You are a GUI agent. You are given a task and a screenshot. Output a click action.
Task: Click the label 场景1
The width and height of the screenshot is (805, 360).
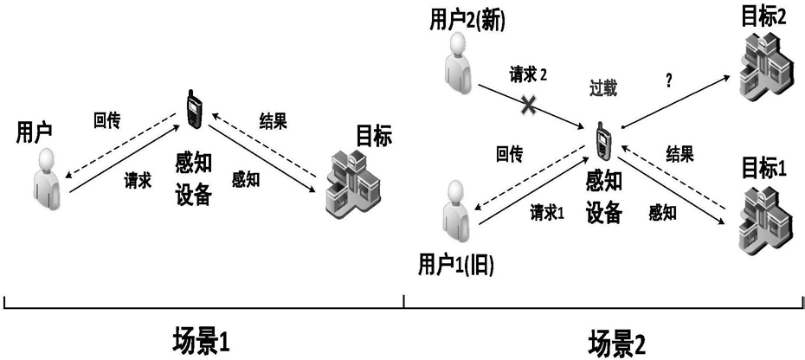(x=201, y=343)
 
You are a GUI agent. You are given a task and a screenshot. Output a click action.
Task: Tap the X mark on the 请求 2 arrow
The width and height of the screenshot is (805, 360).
(x=529, y=106)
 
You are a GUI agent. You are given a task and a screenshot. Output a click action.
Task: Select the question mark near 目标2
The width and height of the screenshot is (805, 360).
(x=668, y=80)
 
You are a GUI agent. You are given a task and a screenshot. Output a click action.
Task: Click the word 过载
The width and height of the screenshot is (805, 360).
(x=603, y=89)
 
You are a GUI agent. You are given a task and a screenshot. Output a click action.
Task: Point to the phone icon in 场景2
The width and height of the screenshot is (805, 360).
(x=602, y=138)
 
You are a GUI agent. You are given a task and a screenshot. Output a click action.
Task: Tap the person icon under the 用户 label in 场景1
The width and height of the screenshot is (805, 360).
(x=48, y=179)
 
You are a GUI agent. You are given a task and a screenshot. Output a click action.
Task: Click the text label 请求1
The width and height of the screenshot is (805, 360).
(x=547, y=213)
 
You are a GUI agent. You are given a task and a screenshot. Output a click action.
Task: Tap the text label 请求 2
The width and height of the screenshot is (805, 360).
(x=527, y=75)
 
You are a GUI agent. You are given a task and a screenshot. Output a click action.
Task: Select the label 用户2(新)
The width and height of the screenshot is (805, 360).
(x=467, y=21)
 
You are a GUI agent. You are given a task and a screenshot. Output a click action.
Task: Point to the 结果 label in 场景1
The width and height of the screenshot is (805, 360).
(x=273, y=123)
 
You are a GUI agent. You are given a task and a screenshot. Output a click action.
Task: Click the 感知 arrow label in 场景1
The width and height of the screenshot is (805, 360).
(x=246, y=179)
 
